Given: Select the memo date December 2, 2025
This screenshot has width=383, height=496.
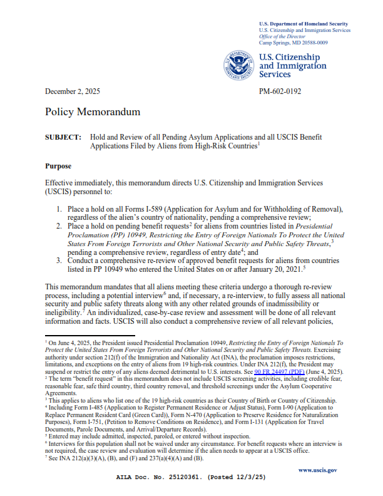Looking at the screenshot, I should click(73, 91).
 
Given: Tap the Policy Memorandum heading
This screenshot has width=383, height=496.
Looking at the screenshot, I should click(93, 112).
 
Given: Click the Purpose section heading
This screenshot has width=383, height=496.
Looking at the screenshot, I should click(58, 166).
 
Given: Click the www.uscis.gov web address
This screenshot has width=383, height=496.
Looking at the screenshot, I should click(318, 469).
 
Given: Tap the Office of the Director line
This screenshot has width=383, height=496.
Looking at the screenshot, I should click(281, 36).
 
